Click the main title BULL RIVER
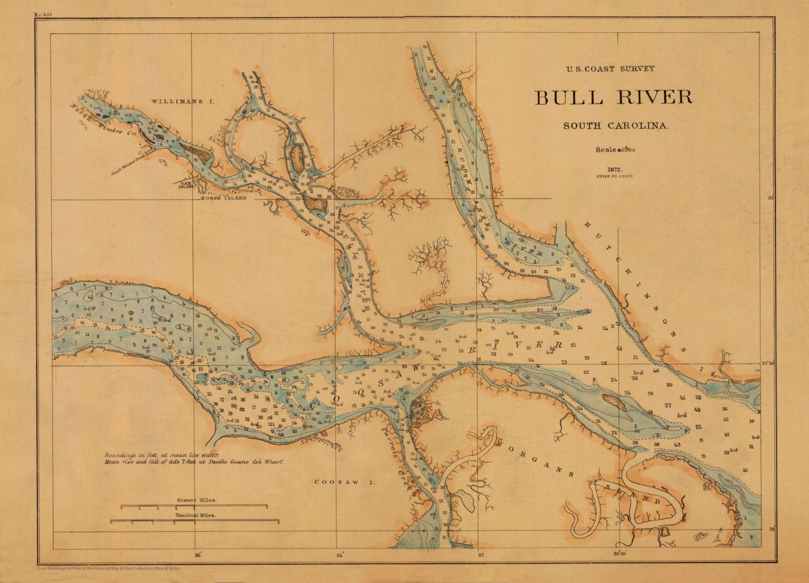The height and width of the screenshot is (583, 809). (613, 98)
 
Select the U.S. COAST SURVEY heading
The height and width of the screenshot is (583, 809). (610, 69)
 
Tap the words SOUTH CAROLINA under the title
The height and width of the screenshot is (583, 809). (616, 126)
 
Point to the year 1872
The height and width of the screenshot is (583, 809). (615, 169)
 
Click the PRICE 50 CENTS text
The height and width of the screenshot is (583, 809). (614, 176)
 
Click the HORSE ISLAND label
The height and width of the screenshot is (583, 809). (223, 198)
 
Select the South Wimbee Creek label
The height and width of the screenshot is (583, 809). (129, 165)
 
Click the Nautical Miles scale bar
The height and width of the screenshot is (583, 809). (194, 522)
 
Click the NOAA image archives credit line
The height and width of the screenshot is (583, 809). (108, 568)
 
